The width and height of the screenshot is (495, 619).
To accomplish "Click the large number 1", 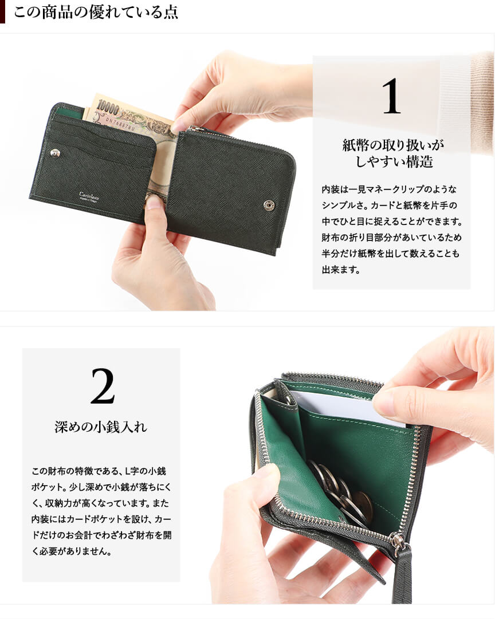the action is pos(391,96).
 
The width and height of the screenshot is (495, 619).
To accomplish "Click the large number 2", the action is pos(103,386).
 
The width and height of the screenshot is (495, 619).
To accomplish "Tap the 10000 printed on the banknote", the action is pos(108,107).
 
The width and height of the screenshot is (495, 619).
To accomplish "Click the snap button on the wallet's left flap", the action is pos(56,153).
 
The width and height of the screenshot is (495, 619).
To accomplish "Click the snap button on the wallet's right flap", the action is pos(269,205).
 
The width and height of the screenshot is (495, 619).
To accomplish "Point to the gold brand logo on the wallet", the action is pos(89,196).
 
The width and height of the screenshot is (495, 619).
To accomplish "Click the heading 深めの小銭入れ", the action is pos(101,427).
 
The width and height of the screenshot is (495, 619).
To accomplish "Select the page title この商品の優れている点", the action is pos(96,12).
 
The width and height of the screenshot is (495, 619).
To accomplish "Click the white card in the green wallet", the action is pos(348,407).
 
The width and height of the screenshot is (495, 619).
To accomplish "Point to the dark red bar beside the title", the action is pos(2,12).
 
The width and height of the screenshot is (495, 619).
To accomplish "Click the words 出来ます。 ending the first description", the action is pos(340,270).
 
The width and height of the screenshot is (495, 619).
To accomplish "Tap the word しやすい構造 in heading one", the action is pos(394,162).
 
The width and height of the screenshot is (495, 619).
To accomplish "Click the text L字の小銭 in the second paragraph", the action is pos(146,471).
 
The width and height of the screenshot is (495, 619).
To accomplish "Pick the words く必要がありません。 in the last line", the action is pos(72,551).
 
